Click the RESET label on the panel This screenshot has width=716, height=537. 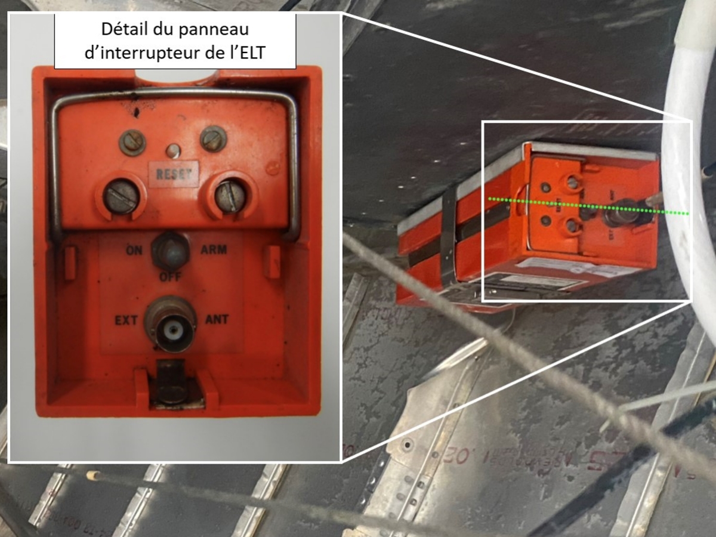173,174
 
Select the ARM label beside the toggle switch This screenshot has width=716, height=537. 213,249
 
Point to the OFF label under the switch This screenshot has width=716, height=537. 170,277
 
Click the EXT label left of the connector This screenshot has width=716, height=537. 126,321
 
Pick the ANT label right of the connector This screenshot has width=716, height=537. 217,320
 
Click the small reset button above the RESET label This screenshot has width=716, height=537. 173,151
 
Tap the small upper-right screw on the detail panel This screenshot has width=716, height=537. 213,138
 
